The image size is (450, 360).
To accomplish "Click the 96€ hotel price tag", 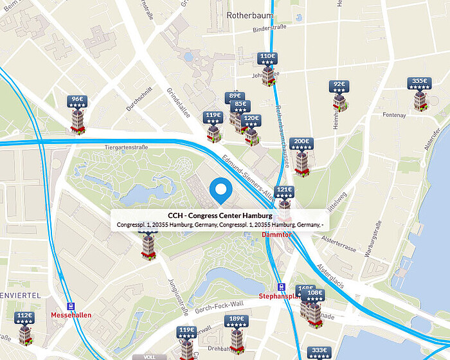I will (x=78, y=102).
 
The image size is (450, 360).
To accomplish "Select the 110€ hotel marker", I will (x=267, y=59).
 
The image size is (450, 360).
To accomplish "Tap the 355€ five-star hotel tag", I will (x=419, y=84).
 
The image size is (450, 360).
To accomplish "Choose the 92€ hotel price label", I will (x=339, y=86).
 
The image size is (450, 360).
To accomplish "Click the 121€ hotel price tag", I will (x=284, y=192).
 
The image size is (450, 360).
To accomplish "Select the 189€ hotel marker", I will (x=237, y=321).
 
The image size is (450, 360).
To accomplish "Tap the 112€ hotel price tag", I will (x=24, y=318).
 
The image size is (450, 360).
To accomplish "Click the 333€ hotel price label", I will (x=319, y=352).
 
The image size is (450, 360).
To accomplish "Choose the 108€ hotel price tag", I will (x=315, y=295).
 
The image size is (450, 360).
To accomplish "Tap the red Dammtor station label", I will (x=276, y=235).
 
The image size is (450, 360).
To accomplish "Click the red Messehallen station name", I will (x=71, y=316).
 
